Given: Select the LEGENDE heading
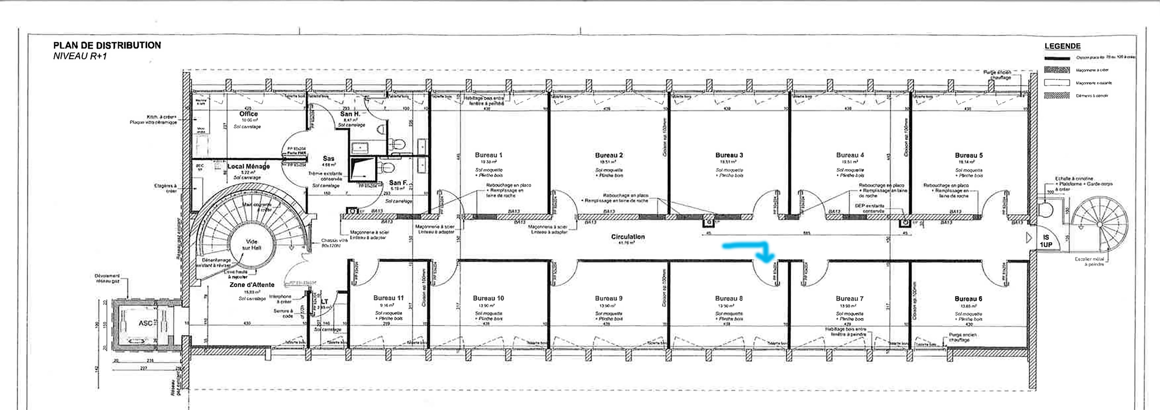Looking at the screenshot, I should coord(1062,46).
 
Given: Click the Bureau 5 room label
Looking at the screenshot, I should coord(969,155).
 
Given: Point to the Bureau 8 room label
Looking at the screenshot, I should coord(728,298).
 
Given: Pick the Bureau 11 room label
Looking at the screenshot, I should coord(388,298).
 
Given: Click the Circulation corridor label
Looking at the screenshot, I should coord(628,237).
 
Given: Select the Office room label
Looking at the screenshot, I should coord(248,114).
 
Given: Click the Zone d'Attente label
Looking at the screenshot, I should coord(252,285).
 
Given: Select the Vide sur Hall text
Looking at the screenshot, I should coord(252,244).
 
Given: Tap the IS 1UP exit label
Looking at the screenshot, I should coord(1046,241).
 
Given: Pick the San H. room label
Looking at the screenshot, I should coord(350,114).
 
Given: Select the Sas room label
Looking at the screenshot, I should coord(328,159).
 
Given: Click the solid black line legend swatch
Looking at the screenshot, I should coord(1056,58).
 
